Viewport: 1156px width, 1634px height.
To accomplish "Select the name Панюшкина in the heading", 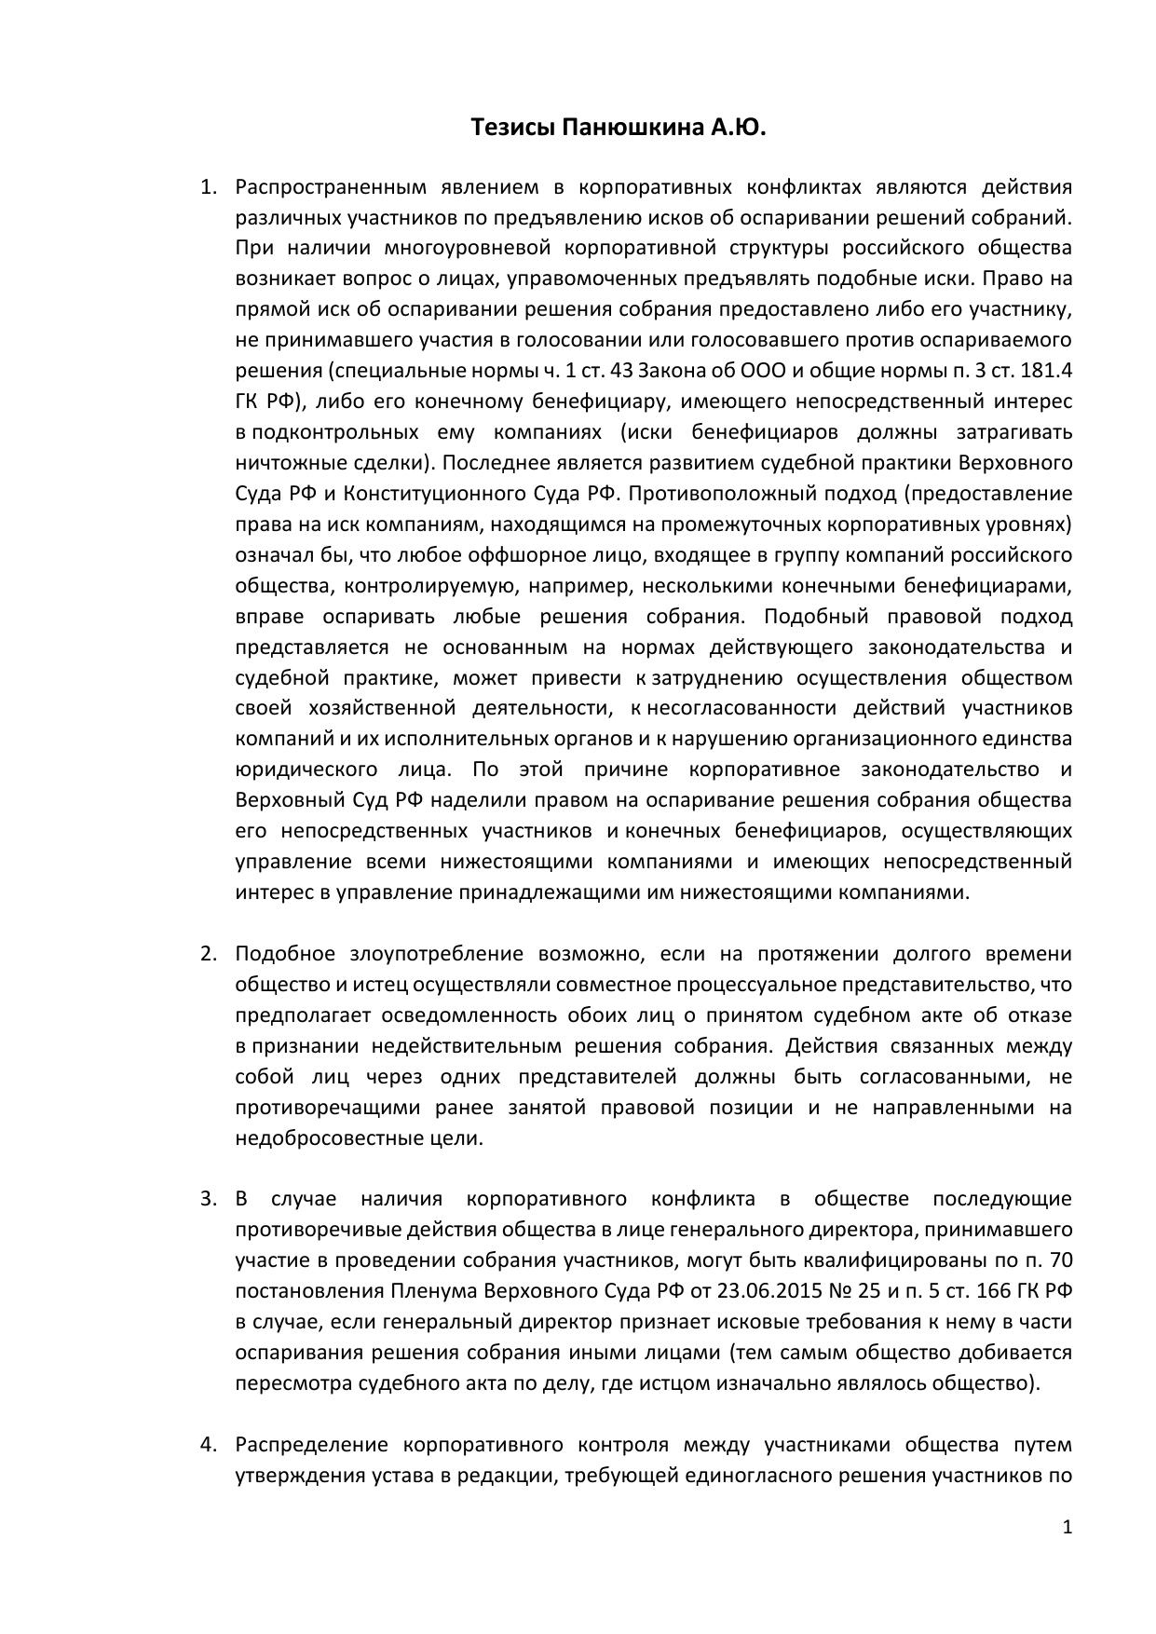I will (632, 128).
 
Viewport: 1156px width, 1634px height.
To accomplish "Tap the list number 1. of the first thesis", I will (208, 187).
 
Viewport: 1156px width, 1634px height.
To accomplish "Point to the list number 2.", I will (208, 954).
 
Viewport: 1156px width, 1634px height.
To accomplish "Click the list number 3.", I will (208, 1199).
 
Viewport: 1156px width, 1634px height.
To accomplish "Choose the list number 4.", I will (208, 1445).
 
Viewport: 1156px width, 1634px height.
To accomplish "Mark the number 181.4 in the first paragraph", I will (1047, 371).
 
